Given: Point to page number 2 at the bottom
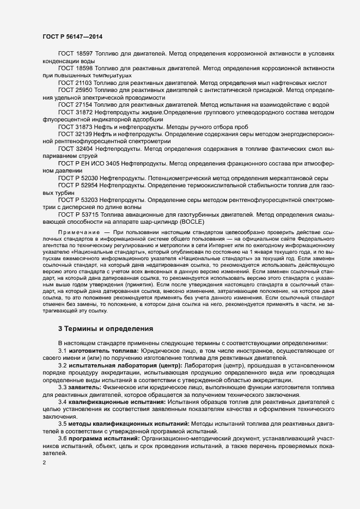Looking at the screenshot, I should tap(45, 463).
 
